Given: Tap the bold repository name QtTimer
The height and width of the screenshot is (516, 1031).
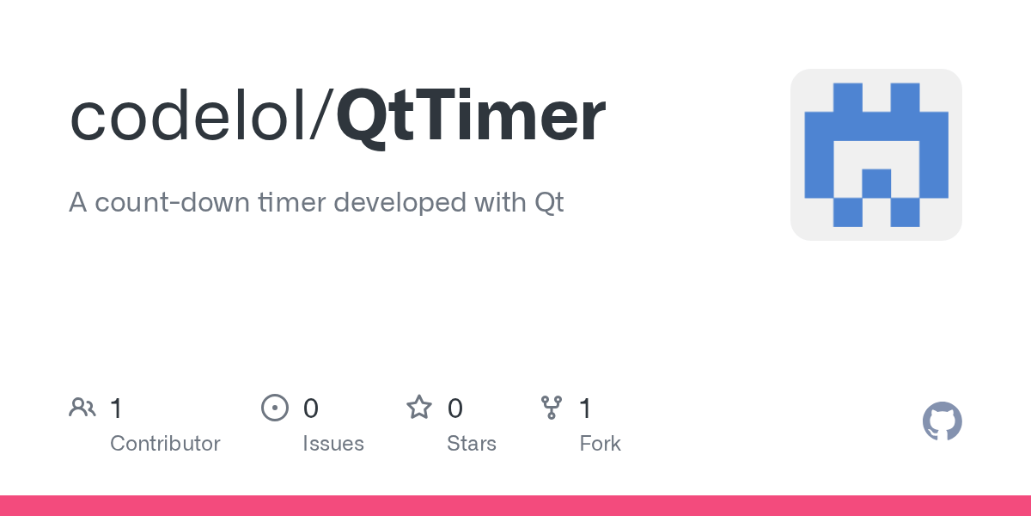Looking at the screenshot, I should [x=471, y=120].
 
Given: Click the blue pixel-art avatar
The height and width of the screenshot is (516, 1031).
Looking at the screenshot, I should [x=875, y=155].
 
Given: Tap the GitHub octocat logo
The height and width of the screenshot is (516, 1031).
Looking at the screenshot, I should [x=942, y=422].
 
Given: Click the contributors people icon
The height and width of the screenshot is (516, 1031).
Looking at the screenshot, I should [x=82, y=408].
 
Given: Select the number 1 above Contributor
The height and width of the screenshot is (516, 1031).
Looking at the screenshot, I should [x=117, y=408].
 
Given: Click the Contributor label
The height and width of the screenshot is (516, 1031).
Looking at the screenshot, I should [x=165, y=444].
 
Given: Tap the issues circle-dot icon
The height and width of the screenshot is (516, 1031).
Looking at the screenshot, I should [x=274, y=408].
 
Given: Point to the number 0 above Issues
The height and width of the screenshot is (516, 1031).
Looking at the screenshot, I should [x=311, y=408].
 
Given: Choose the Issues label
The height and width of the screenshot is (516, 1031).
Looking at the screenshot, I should [x=333, y=444].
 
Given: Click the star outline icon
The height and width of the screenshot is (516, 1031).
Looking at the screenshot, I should [x=419, y=408].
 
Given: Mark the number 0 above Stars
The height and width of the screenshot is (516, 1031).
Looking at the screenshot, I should [x=455, y=408].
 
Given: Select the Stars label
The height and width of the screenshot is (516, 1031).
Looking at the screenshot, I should [x=472, y=444].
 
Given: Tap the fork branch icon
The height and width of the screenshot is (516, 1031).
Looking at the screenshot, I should [x=551, y=408].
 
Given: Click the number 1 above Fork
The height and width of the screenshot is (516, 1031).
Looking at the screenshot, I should [x=586, y=408].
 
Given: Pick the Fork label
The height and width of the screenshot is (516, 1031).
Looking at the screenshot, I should [x=600, y=444].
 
